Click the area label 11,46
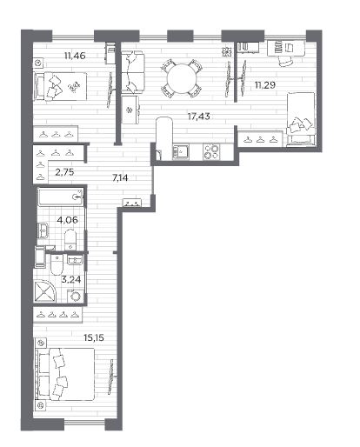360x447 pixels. point(75,55)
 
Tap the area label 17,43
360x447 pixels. point(199,117)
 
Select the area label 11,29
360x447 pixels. point(265,85)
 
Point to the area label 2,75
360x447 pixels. point(64,172)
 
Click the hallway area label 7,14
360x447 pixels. point(120,177)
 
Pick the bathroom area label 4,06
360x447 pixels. point(68,220)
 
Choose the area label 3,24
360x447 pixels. point(70,280)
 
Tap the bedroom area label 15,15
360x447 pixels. point(94,337)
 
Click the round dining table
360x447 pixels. point(182,78)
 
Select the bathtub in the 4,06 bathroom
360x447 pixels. point(61,197)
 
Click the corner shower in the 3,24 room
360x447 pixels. point(44,291)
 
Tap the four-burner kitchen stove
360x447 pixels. point(211,151)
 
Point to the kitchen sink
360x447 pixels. point(181,151)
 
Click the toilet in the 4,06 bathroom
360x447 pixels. point(70,239)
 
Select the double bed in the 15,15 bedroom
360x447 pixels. point(65,374)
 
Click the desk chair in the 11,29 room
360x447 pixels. point(284,60)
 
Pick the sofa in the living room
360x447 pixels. point(132,72)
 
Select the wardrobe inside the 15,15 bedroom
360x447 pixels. point(57,315)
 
